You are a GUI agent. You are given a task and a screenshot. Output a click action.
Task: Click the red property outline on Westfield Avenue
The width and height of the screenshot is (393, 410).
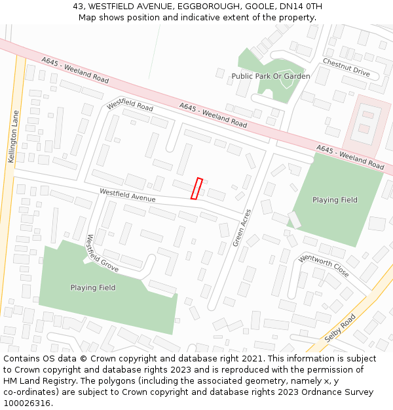[x=196, y=188]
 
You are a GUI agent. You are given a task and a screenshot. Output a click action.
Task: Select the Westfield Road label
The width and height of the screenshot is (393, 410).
[x=130, y=105]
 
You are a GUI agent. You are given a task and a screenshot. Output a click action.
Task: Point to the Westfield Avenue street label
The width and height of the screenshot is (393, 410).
[x=128, y=195]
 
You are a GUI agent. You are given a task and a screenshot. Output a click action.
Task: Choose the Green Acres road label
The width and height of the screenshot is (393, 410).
[x=242, y=228]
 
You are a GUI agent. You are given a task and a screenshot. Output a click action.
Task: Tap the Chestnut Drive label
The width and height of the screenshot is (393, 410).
[x=346, y=68]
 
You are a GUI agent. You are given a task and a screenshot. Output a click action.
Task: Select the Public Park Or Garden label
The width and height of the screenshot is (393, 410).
[x=271, y=76]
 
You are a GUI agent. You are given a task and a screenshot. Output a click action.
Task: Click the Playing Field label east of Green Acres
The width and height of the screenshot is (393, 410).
[x=335, y=200]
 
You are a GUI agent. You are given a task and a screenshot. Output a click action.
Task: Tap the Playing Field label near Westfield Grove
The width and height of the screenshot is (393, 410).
[x=93, y=287]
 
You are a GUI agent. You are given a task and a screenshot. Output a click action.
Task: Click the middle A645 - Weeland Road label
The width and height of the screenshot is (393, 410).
[x=213, y=115]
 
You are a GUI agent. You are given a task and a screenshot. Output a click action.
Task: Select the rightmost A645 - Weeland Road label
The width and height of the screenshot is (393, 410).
[x=350, y=157]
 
